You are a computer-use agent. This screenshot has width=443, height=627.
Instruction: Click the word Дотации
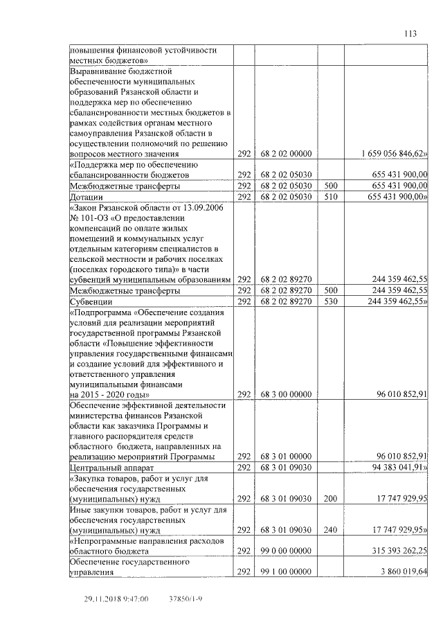click(87, 197)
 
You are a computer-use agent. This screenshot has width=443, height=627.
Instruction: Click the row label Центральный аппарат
click(113, 468)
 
